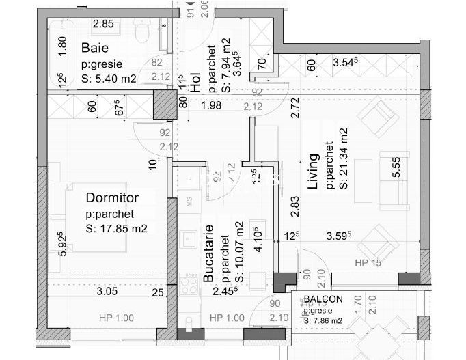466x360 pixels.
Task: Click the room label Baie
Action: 95,48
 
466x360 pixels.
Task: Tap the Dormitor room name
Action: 112,198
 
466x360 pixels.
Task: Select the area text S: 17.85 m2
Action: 117,228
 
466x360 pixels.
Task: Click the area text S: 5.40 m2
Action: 109,79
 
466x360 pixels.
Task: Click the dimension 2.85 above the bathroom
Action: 103,24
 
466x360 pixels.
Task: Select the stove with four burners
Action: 188,284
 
